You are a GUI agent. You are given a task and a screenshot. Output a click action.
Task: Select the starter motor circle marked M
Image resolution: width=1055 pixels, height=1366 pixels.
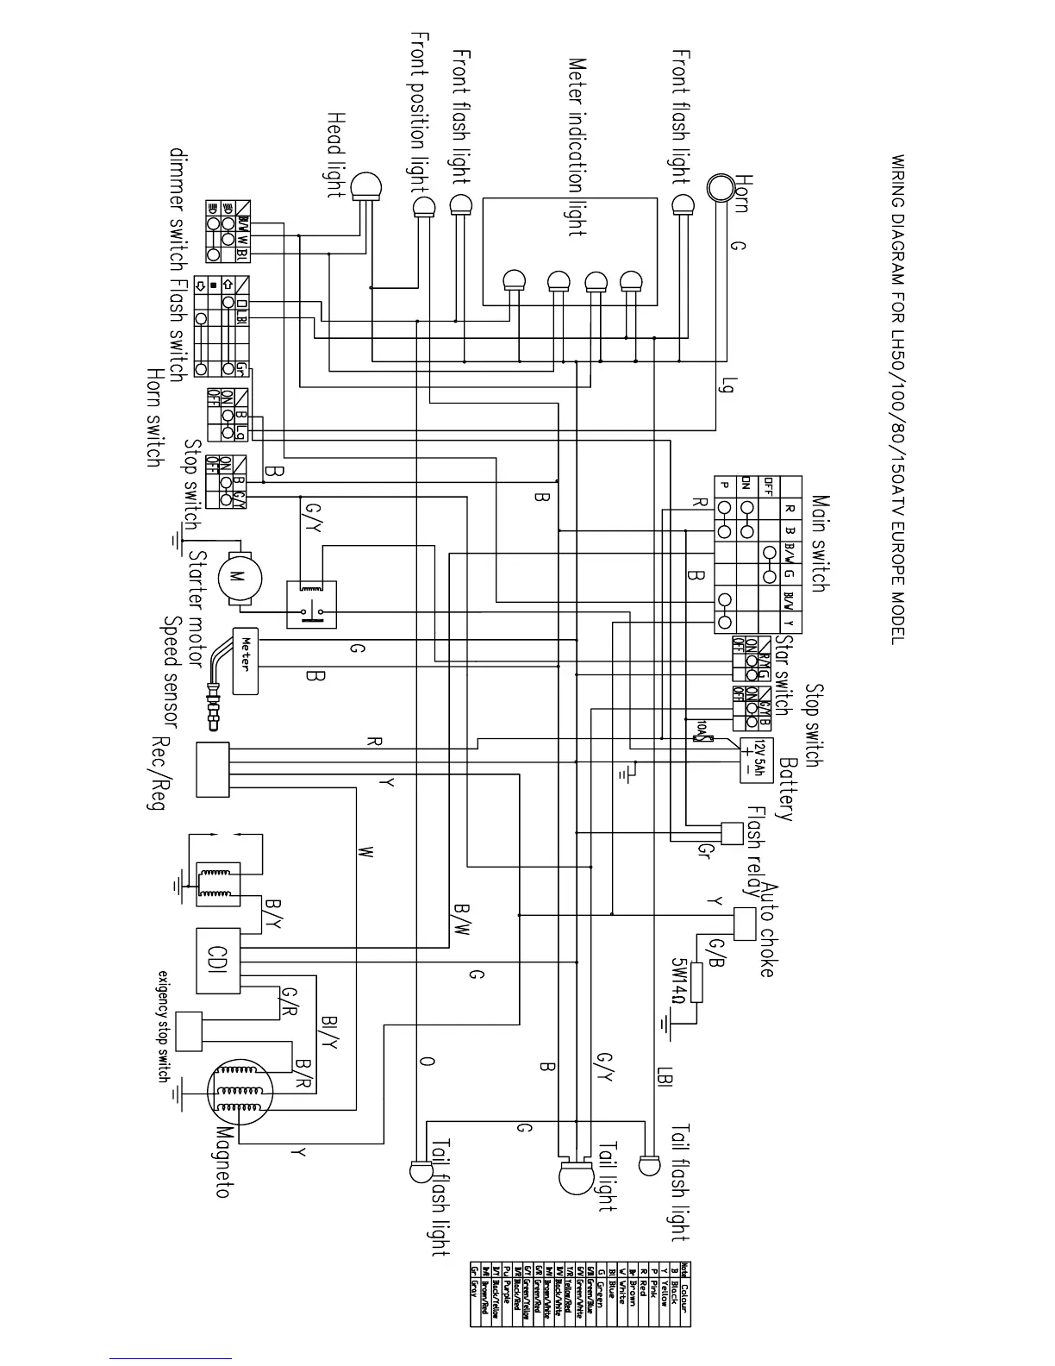(x=237, y=577)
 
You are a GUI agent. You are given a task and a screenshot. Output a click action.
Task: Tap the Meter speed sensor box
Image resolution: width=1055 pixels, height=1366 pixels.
(x=246, y=660)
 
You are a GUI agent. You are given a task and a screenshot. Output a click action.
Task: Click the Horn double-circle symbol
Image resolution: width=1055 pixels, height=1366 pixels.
(x=719, y=186)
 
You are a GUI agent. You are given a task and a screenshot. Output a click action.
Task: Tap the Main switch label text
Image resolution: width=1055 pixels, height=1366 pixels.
(x=820, y=542)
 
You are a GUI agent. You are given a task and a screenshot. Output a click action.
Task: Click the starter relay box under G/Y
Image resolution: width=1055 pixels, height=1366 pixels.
(x=311, y=605)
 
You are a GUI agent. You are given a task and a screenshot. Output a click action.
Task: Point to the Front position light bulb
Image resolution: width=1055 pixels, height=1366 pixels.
(x=423, y=207)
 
